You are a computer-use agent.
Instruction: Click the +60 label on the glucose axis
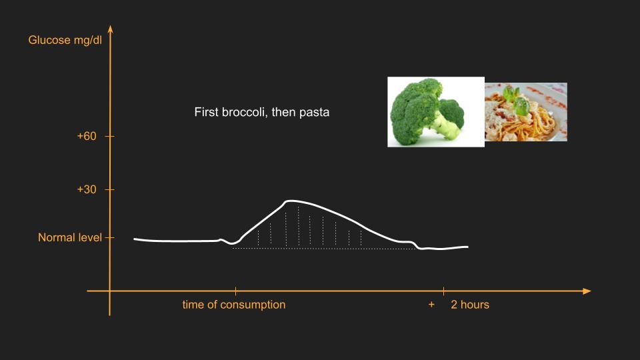87,136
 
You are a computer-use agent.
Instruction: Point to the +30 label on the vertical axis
87,189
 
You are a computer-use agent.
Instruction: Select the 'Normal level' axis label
70,237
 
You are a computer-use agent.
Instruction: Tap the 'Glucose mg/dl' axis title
65,40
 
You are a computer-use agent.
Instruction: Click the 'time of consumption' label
234,305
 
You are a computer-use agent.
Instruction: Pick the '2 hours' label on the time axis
470,305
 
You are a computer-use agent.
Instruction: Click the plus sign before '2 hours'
431,305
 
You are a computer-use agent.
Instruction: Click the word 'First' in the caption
206,112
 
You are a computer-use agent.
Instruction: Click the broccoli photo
436,112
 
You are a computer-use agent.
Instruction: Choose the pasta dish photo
526,112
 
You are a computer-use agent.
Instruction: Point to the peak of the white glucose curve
290,201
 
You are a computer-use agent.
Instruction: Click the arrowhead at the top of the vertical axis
110,29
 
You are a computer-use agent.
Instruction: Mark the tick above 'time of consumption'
235,291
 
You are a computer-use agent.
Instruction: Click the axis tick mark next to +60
110,136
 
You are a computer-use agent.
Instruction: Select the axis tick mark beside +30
110,190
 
